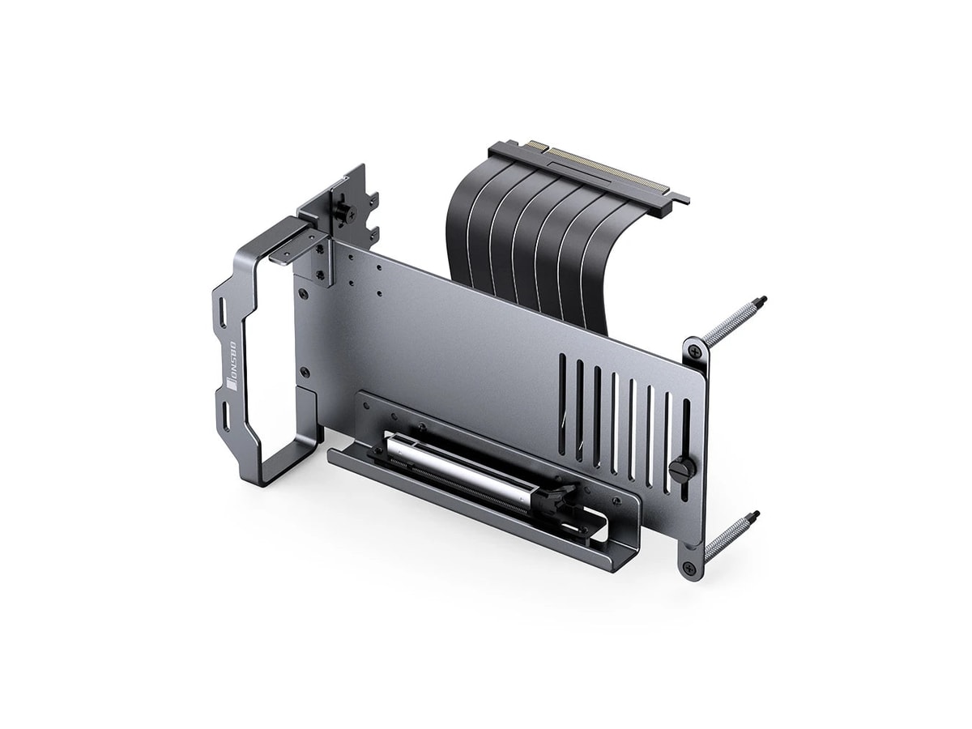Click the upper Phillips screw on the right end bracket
pos(694,350)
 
